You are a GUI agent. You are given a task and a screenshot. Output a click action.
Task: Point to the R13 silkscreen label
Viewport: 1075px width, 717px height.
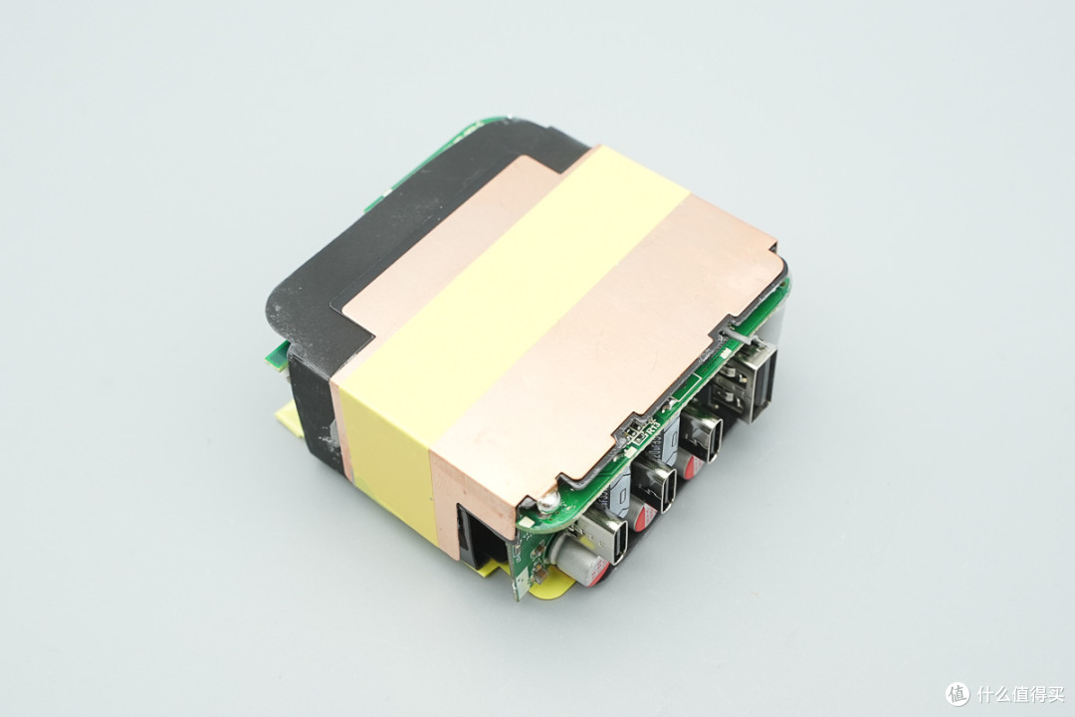(651, 428)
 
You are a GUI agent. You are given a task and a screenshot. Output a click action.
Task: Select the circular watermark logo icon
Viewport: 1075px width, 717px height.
(958, 693)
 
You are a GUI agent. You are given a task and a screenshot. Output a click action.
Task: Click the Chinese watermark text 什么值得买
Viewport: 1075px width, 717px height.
(1021, 694)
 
